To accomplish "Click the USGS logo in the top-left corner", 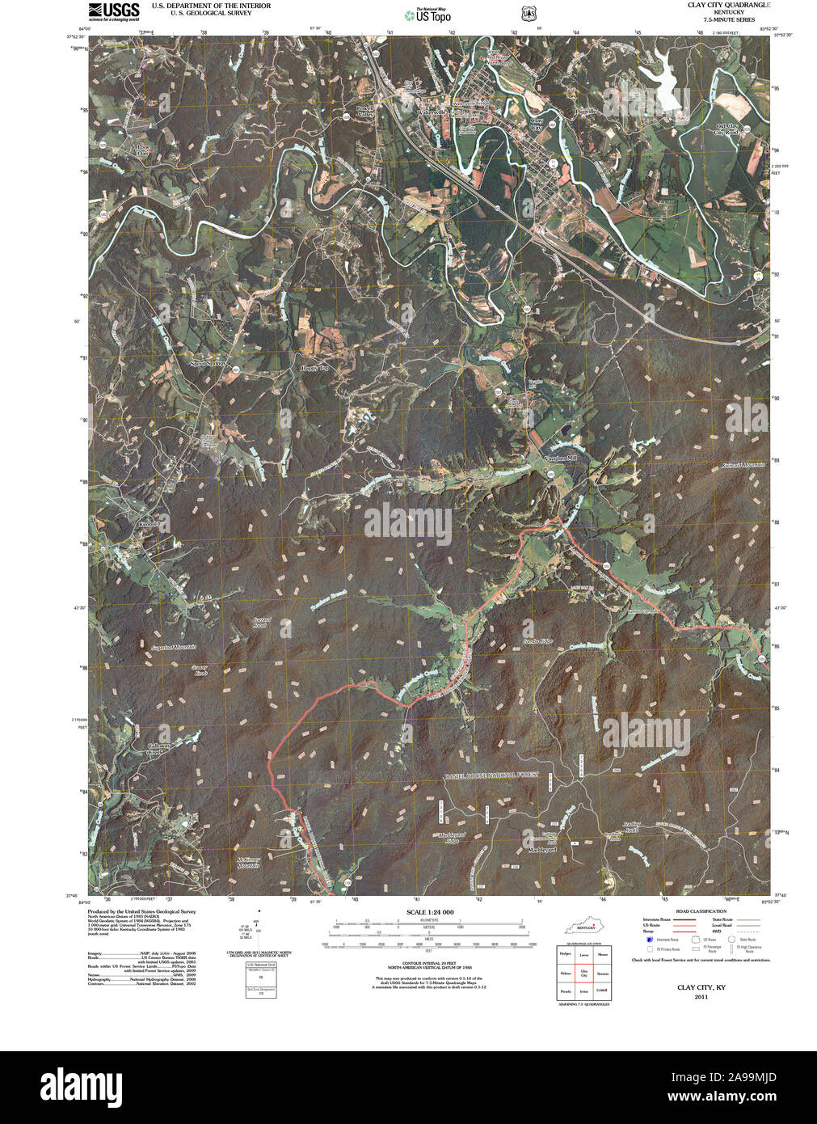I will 113,11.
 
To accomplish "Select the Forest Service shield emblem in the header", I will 529,14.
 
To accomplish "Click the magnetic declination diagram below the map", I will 258,928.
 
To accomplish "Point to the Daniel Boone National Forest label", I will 490,775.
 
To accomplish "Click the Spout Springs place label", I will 208,364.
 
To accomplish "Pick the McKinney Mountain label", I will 247,862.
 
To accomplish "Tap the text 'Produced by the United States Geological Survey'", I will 141,911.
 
